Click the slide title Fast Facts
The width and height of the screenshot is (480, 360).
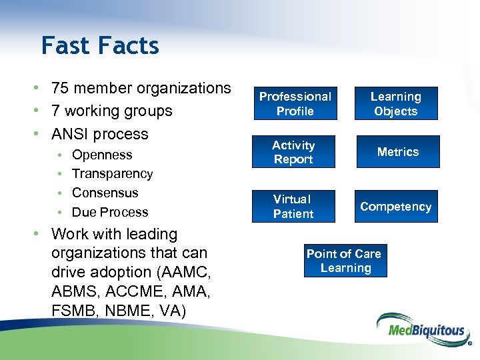click(100, 46)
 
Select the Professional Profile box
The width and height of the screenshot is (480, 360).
click(295, 103)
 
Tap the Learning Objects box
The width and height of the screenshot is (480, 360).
click(395, 103)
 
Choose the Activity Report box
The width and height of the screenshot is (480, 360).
click(293, 152)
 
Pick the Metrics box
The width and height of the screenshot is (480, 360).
click(397, 152)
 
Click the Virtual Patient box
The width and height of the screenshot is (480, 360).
click(293, 206)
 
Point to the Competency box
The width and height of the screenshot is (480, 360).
click(395, 206)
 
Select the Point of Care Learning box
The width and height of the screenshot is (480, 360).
click(344, 261)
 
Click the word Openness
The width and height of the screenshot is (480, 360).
click(102, 155)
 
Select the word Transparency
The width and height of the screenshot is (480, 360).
click(112, 173)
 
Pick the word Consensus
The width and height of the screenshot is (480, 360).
click(105, 193)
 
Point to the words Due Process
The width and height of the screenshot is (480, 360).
click(110, 212)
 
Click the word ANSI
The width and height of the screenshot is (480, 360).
click(71, 133)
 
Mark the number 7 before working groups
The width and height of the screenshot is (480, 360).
click(56, 111)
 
